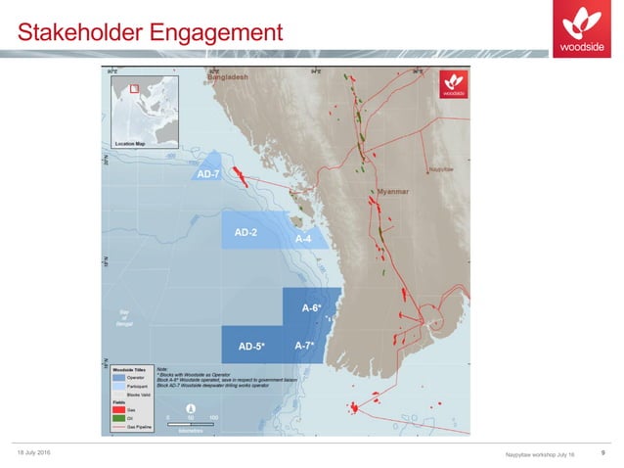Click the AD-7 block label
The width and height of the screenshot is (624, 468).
tap(206, 174)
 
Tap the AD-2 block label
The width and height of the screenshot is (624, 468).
tap(245, 232)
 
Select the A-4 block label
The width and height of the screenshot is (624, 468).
tap(303, 239)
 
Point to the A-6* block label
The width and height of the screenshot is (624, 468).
tap(311, 308)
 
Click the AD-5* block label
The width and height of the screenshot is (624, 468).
tap(252, 346)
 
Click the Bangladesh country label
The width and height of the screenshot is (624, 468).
tap(228, 76)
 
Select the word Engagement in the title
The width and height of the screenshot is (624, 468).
tap(216, 33)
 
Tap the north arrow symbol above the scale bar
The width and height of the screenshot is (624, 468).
tap(191, 406)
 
